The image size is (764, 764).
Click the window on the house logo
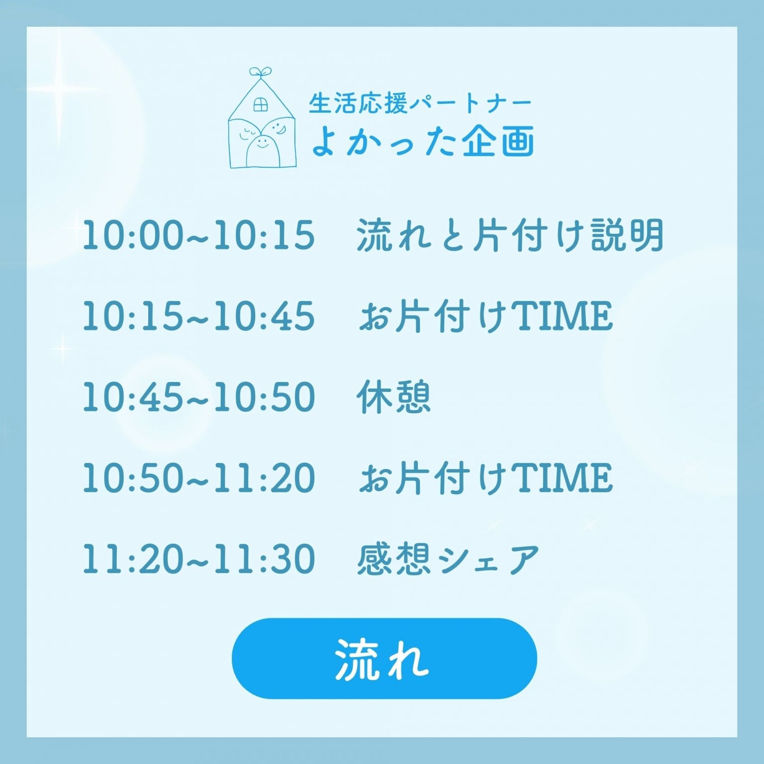pos(261,104)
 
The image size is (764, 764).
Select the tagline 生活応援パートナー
pos(420,103)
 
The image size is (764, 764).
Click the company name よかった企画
pos(423,141)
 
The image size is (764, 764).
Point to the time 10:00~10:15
pos(198,235)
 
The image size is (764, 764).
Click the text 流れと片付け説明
pos(510,235)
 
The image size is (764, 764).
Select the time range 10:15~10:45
pos(198,316)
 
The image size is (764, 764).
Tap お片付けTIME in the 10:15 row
pos(485,316)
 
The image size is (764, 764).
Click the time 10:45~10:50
pos(198,397)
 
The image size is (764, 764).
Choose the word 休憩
pos(393,397)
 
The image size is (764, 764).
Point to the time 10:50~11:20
pos(198,478)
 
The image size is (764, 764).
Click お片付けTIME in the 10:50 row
pos(485,478)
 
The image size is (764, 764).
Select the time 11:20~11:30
pos(198,559)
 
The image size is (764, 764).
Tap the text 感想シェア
pos(448,559)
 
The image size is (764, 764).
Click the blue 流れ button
pos(384,658)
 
